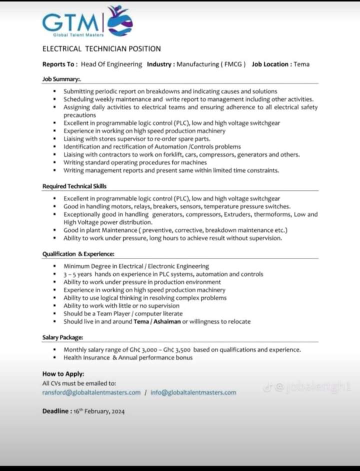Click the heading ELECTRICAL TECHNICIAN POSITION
point(101,48)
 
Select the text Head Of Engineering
point(111,64)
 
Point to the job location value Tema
point(301,64)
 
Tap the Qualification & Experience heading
point(78,254)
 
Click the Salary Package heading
point(63,337)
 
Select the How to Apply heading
point(63,373)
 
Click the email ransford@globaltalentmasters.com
point(91,392)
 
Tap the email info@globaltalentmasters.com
point(193,392)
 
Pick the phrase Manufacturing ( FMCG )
point(211,64)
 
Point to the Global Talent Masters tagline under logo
point(79,34)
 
